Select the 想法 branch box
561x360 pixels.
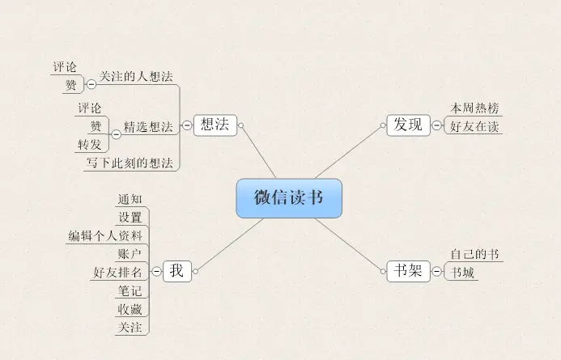click(215, 125)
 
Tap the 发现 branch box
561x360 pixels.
click(408, 125)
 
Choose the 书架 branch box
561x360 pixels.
click(408, 271)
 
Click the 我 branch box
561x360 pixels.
click(176, 271)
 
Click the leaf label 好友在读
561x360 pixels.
click(476, 126)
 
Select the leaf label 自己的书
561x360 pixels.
click(475, 255)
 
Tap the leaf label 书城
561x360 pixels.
click(463, 273)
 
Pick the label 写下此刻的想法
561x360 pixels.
click(130, 163)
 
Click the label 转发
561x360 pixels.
click(90, 145)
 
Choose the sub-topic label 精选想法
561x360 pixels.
click(148, 127)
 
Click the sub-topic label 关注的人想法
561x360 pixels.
click(136, 77)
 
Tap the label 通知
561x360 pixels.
click(130, 199)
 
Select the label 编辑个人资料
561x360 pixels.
click(106, 235)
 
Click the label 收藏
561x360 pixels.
click(130, 309)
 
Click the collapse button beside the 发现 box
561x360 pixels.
click(437, 125)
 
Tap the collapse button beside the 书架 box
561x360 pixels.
click(437, 272)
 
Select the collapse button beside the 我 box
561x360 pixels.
click(155, 272)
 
